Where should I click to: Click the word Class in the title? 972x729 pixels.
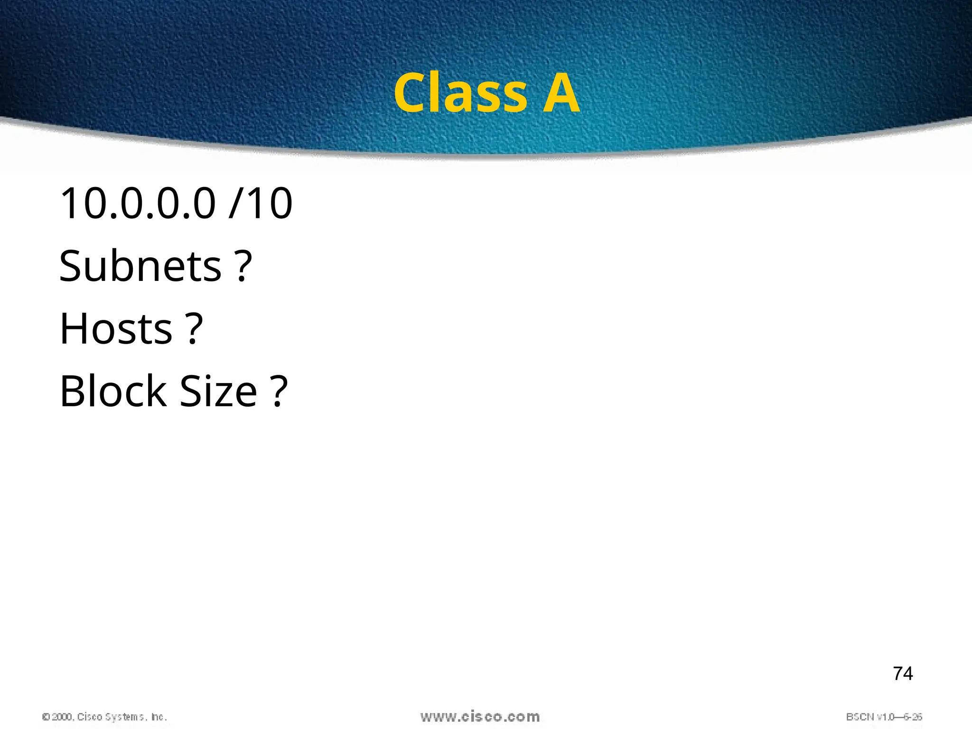[x=460, y=93]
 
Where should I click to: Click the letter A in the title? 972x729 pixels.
[x=561, y=93]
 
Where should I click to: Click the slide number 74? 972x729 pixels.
[x=903, y=673]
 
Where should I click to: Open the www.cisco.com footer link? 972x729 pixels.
[x=480, y=717]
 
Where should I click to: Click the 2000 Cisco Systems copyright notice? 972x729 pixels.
[x=104, y=717]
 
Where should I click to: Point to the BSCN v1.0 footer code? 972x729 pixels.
[x=884, y=717]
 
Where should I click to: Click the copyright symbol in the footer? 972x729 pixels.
[x=46, y=717]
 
